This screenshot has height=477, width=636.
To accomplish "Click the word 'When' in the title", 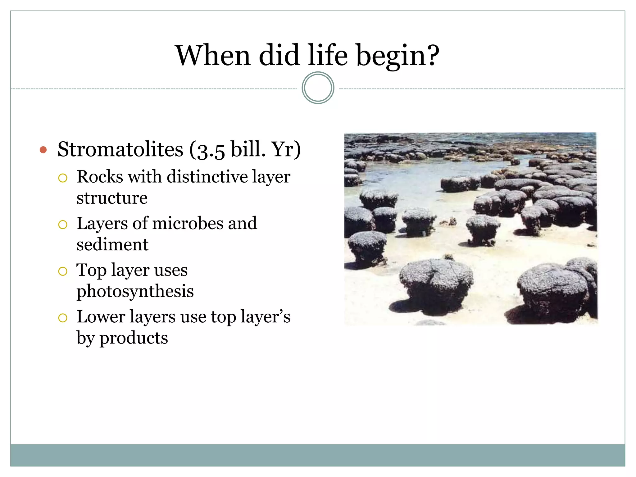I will pos(213,56).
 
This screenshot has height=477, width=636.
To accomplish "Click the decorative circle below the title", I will pos(318,88).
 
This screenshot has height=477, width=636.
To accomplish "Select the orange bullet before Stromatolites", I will pos(43,150).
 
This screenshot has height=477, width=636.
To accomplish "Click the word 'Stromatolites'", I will pos(120,149).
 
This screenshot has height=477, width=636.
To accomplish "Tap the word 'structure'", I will pos(112,198).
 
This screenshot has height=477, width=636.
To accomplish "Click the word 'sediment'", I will pos(112,244).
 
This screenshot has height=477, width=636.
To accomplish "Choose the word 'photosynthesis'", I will pos(135,291).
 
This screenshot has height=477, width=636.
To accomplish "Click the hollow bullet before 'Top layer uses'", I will pos(63,271).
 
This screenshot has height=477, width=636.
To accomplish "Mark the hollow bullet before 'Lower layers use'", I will pos(63,318).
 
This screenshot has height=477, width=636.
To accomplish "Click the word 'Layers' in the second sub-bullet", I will pos(102,223).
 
